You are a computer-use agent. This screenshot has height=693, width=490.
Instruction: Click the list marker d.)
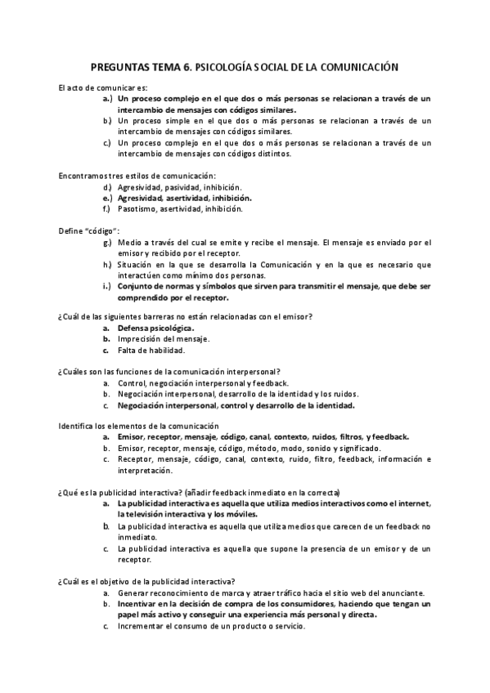pyautogui.click(x=106, y=186)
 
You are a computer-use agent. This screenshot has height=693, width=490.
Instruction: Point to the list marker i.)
pyautogui.click(x=106, y=287)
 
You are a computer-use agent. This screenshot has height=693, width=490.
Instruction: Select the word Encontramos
pyautogui.click(x=84, y=175)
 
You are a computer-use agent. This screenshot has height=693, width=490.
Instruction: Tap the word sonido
pyautogui.click(x=308, y=449)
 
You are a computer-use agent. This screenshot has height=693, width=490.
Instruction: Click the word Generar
pyautogui.click(x=133, y=592)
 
